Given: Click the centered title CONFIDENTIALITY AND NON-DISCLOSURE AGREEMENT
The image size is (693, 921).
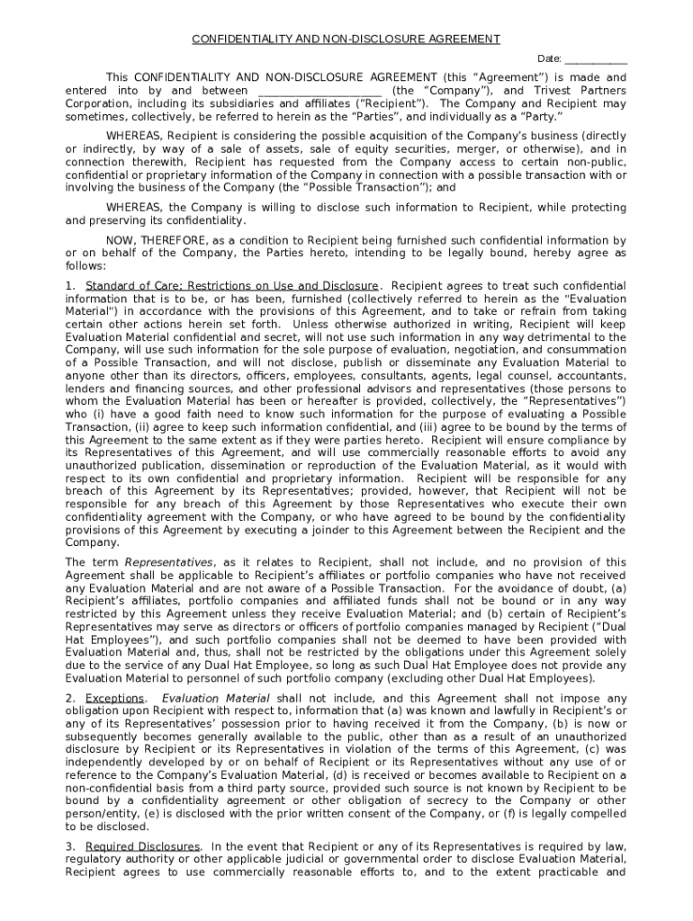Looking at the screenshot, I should coord(346,40).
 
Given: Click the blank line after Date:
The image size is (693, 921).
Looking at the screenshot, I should coord(596,59).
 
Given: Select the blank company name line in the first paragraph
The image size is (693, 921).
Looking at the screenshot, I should coord(319,91).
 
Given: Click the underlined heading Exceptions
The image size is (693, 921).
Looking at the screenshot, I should coord(114,699).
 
